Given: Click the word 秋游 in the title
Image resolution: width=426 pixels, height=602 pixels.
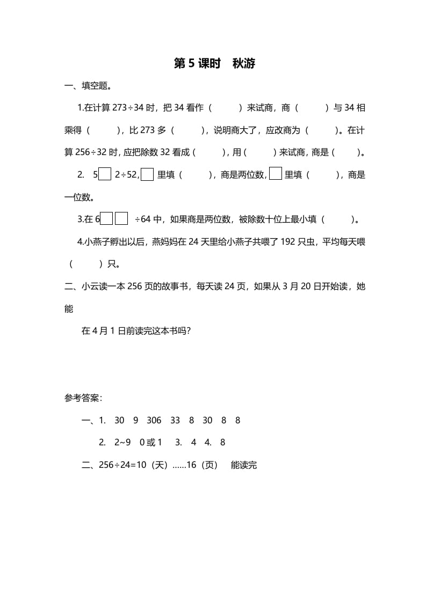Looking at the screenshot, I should pos(244,64).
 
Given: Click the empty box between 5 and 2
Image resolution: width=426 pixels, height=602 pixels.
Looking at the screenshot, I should pos(105,174).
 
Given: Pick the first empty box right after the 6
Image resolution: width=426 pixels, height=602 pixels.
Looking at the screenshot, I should pos(107,219).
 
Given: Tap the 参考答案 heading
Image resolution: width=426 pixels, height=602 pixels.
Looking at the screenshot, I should pos(83,398).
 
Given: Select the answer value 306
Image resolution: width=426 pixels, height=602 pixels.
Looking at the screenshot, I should pos(154,421).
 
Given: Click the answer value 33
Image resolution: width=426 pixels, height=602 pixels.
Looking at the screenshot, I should pos(175,421).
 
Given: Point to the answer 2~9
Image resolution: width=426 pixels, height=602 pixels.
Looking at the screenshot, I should pos(122,443).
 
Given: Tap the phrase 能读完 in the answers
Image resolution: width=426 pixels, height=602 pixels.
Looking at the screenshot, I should pos(244,465).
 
